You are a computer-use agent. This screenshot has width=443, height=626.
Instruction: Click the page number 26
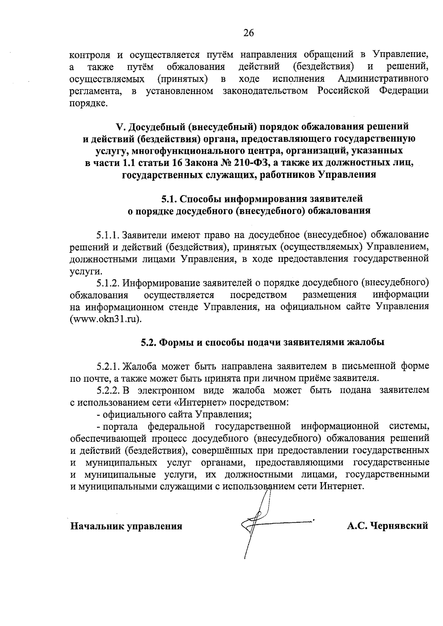(248, 33)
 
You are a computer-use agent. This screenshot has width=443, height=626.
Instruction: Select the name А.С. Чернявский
(387, 525)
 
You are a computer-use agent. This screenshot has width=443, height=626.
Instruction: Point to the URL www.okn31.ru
(106, 319)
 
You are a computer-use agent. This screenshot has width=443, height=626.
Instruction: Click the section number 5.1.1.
(108, 235)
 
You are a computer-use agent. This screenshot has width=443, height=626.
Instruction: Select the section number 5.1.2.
(108, 283)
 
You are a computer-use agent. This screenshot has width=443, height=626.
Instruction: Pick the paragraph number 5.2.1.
(108, 366)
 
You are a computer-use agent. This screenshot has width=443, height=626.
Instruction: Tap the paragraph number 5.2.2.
(108, 390)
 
